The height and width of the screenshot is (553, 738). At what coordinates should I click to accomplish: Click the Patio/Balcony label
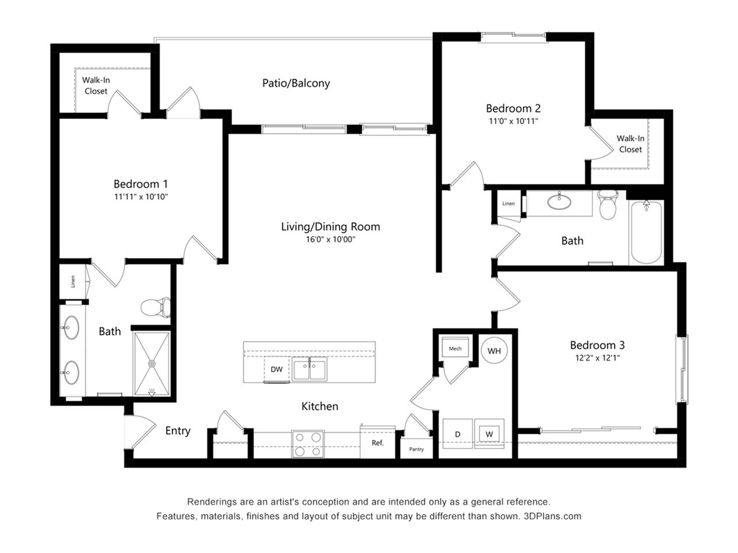(x=296, y=83)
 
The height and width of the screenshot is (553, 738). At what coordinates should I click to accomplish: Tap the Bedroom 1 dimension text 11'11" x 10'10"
(x=141, y=197)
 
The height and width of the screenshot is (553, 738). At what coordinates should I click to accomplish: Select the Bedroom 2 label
(x=513, y=108)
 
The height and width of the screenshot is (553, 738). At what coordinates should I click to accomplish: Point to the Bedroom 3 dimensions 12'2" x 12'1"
(x=597, y=358)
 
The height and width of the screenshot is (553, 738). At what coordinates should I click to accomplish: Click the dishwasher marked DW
(x=277, y=369)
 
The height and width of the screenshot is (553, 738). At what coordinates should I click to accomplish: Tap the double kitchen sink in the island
(x=309, y=369)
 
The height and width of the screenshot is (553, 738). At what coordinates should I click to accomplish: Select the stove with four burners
(x=307, y=444)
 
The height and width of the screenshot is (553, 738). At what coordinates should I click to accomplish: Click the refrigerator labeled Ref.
(x=377, y=443)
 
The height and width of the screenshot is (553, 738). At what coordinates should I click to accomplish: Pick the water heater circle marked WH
(x=494, y=351)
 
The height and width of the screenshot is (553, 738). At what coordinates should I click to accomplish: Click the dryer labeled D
(x=458, y=434)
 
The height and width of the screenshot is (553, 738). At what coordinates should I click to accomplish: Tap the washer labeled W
(x=490, y=433)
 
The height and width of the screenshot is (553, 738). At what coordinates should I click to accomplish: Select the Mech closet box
(x=455, y=349)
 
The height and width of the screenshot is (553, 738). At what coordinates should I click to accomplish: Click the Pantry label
(x=416, y=449)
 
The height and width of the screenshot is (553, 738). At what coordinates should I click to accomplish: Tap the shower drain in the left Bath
(x=152, y=363)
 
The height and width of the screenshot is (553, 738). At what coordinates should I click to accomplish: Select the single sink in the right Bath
(x=559, y=202)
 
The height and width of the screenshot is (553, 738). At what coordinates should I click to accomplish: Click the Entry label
(x=178, y=431)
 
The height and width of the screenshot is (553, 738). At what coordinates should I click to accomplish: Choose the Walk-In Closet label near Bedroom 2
(x=630, y=144)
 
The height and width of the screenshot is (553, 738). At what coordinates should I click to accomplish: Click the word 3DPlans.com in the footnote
(x=552, y=516)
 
